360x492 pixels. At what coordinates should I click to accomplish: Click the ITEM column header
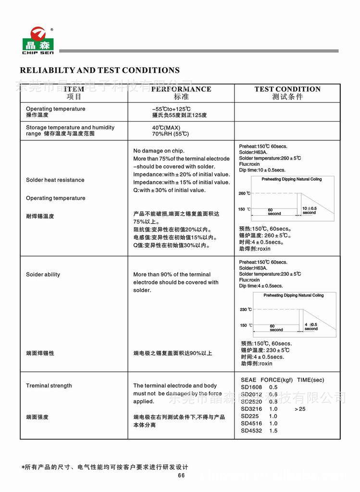74,89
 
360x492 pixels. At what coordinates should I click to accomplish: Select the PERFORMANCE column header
181,89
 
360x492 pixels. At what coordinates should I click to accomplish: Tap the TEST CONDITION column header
287,89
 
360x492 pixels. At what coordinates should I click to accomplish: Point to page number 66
181,476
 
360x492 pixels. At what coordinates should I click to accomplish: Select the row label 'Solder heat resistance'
55,180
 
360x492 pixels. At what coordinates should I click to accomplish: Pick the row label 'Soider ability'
43,275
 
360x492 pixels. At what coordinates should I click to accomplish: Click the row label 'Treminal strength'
49,386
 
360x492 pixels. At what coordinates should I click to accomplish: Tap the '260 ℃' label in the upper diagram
244,194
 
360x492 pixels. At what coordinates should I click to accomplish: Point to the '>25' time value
300,409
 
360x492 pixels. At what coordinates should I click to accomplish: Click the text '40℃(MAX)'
166,127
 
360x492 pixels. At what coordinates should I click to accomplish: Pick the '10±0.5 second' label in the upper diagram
309,210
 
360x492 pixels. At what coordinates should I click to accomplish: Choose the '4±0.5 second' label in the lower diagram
311,327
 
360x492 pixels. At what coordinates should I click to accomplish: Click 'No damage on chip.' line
159,151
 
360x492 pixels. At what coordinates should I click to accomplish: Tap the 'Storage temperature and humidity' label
70,127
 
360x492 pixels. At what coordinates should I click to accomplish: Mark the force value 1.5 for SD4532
273,431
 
